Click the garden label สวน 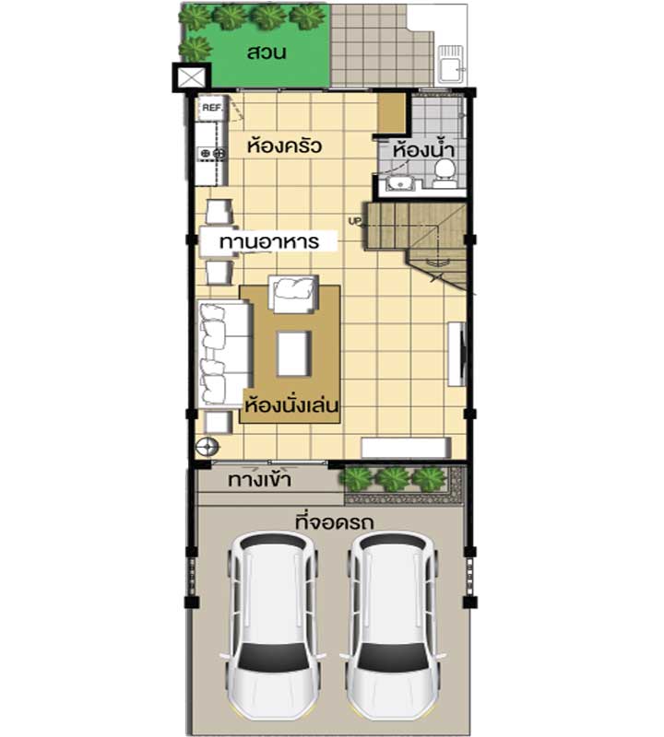(267, 53)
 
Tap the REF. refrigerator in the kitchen (212, 108)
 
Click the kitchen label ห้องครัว (284, 146)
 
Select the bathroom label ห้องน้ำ (423, 150)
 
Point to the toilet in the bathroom (444, 174)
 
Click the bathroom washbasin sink (400, 183)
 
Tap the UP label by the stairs (353, 220)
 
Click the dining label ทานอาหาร (269, 242)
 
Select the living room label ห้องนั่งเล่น (291, 404)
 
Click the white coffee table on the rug (294, 354)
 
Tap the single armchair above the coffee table (292, 294)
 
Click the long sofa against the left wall (224, 354)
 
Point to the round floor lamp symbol (207, 447)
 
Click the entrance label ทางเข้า (259, 480)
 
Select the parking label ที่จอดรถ (334, 522)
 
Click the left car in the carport (273, 626)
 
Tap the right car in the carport (393, 626)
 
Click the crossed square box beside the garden (192, 76)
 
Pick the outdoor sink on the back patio (451, 64)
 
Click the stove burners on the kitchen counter (212, 153)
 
